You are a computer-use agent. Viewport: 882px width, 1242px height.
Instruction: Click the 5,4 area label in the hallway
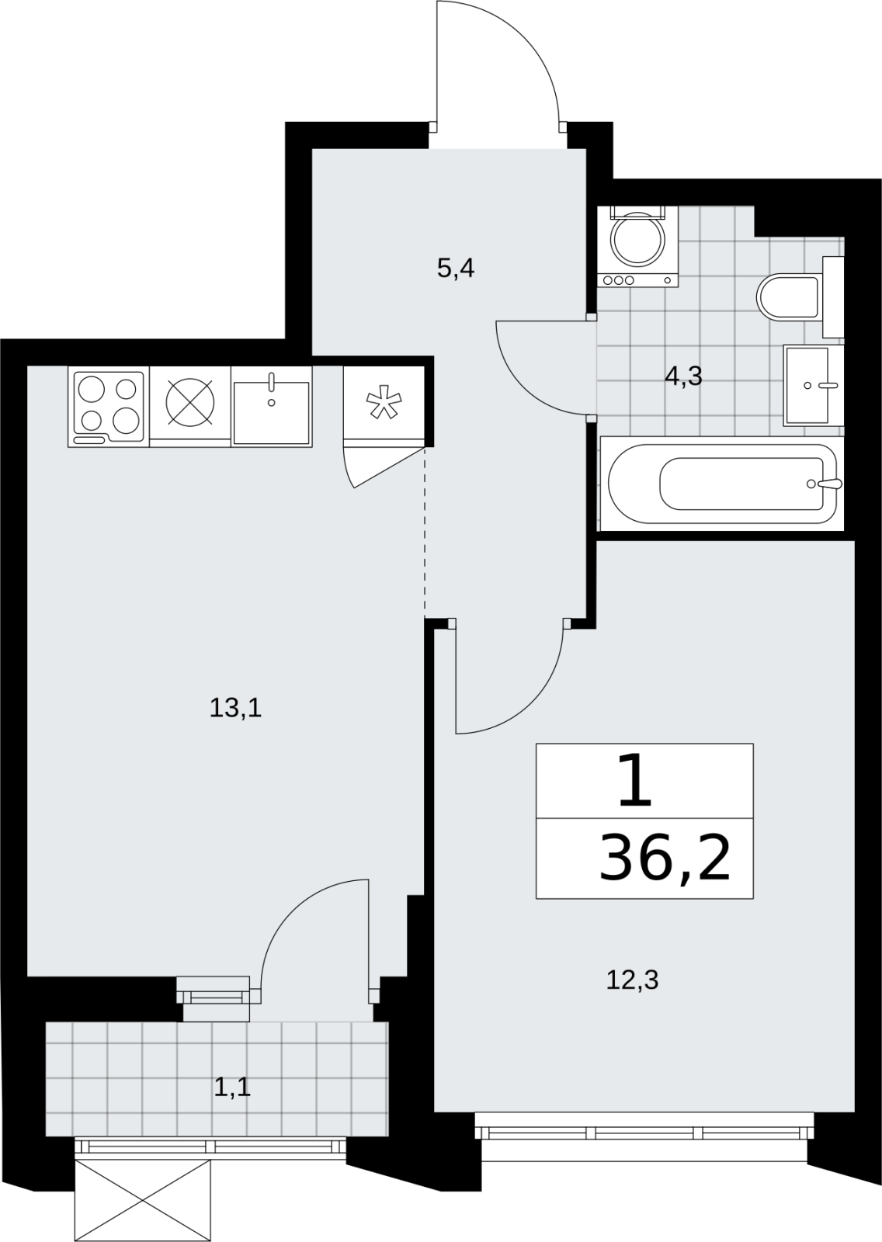(x=456, y=270)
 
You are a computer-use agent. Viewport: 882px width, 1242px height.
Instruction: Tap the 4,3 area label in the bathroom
(x=684, y=376)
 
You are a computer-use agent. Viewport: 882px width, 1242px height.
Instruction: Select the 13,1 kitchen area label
(x=235, y=709)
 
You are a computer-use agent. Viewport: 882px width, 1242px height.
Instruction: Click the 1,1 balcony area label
(x=232, y=1088)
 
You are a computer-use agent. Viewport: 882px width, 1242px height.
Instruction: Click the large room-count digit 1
(x=634, y=785)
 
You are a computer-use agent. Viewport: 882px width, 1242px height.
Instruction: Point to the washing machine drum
(x=638, y=240)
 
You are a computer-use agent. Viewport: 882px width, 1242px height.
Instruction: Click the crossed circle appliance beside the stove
(x=190, y=403)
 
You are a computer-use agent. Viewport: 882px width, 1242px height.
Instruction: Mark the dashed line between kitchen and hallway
(x=425, y=532)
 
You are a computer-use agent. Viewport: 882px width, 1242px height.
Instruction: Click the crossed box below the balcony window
(x=143, y=1198)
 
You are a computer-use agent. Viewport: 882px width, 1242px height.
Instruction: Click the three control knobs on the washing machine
(x=619, y=280)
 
